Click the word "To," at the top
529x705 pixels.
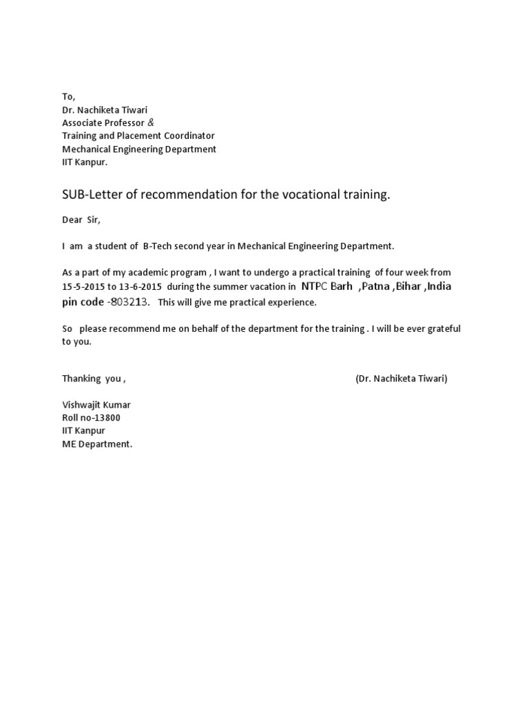click(68, 97)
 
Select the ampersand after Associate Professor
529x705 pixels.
click(152, 123)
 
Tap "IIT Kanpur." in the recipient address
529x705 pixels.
click(85, 162)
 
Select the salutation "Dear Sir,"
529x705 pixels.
click(81, 220)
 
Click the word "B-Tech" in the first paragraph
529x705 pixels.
click(159, 246)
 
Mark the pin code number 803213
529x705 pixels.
click(130, 302)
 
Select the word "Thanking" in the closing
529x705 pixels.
click(81, 379)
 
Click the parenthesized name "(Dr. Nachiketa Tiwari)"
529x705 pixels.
click(402, 379)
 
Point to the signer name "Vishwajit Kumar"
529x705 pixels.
click(96, 405)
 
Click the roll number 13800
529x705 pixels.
click(112, 418)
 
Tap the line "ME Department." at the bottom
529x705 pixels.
click(97, 444)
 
